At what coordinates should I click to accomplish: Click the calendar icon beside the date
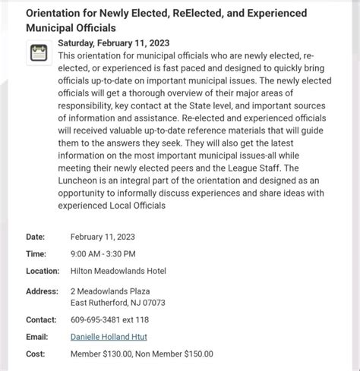(x=38, y=52)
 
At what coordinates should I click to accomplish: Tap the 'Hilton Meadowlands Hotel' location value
(x=118, y=271)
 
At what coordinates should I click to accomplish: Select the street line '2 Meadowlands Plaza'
(x=110, y=291)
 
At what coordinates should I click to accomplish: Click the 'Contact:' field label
(x=41, y=319)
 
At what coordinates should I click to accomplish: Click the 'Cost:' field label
(x=35, y=353)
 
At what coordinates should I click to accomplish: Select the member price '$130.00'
(x=124, y=353)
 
